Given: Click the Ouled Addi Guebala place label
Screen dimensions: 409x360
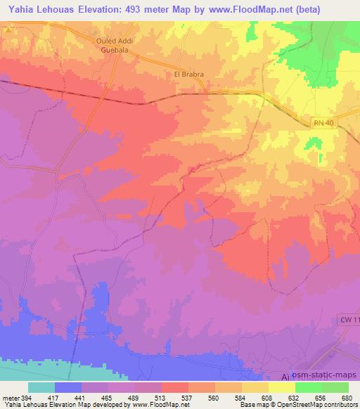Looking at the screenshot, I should (115, 44).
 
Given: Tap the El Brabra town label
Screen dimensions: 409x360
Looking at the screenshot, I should (188, 73).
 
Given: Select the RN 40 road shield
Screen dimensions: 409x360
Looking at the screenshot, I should (322, 122).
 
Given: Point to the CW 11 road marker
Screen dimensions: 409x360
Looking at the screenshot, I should (349, 320).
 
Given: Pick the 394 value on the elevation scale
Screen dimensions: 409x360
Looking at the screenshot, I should (24, 398).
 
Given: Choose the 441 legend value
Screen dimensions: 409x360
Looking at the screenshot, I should (82, 398).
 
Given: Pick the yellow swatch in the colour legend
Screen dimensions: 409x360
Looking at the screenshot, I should (281, 387).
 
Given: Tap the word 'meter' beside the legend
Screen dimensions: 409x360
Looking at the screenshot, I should (8, 398).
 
